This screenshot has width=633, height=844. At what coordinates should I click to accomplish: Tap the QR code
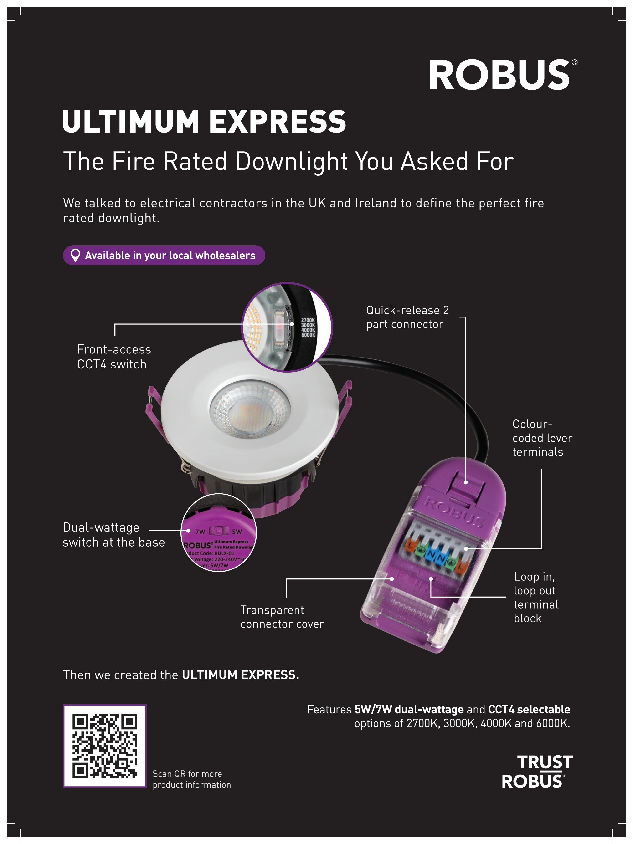click(104, 746)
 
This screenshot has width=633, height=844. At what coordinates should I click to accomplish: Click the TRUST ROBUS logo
click(537, 772)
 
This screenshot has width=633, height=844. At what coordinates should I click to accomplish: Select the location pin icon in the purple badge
click(76, 255)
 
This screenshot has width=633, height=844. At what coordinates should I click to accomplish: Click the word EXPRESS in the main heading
click(277, 121)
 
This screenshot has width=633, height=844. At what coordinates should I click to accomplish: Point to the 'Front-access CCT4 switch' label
click(114, 357)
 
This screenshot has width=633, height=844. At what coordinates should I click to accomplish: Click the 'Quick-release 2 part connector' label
click(407, 317)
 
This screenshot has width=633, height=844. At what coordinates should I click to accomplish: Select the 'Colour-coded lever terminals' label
click(542, 438)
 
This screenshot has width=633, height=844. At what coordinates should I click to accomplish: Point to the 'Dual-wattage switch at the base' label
click(113, 535)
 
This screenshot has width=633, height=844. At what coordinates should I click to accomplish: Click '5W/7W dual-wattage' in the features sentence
click(409, 709)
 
